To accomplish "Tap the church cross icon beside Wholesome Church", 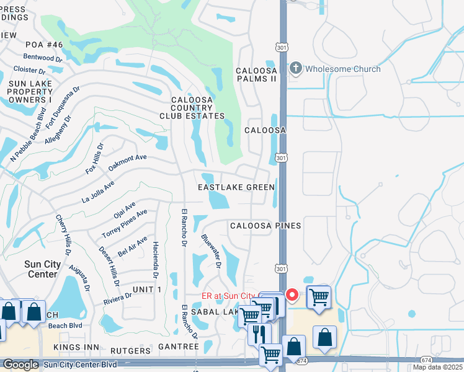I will (296, 68).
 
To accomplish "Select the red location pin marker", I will (292, 295).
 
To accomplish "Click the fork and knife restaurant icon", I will (259, 334).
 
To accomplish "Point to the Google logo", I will (20, 365).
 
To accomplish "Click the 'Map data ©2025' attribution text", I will (437, 367).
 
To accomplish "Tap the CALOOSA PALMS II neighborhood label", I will (256, 75).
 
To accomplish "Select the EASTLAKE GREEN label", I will (236, 187).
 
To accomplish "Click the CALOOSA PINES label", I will (265, 226).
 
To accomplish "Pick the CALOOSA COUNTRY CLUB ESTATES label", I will (198, 108).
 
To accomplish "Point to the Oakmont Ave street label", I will (127, 162).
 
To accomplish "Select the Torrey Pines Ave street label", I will (125, 224).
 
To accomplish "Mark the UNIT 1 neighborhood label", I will (147, 290).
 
